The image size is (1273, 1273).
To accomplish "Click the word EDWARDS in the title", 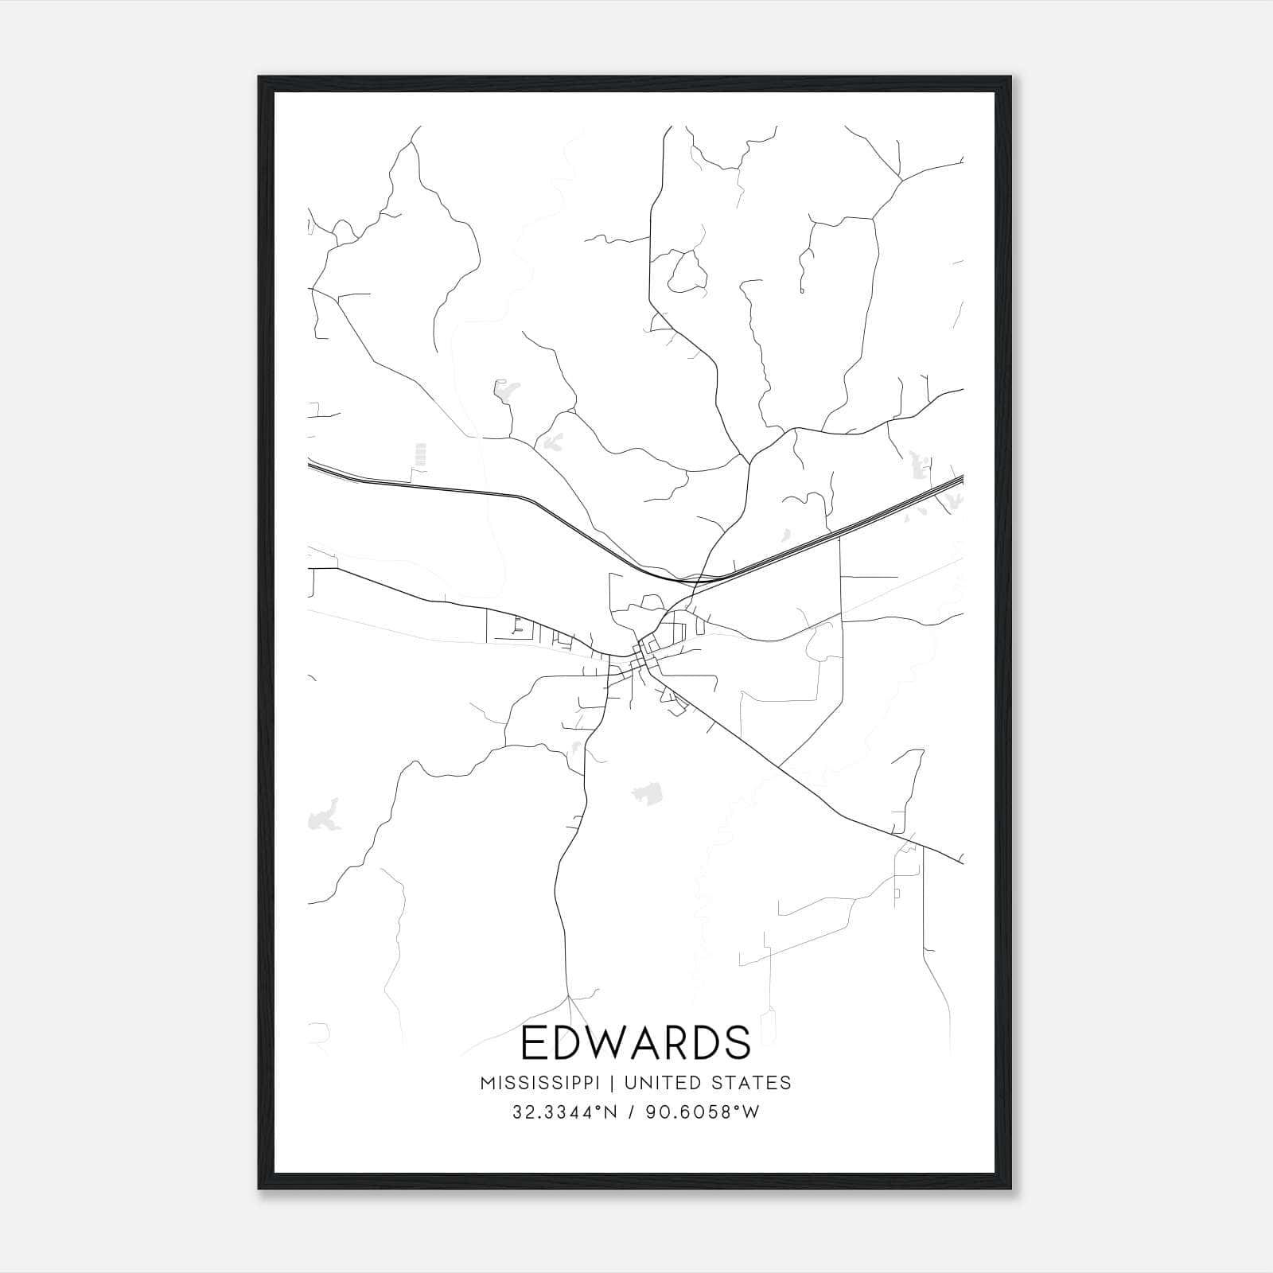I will tap(636, 1043).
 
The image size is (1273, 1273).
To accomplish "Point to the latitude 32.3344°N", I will tap(564, 1112).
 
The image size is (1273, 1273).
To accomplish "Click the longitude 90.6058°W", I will tap(700, 1112).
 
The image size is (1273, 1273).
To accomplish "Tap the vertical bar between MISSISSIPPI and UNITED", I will tap(613, 1083).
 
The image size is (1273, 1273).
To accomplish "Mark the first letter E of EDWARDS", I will tap(535, 1043).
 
